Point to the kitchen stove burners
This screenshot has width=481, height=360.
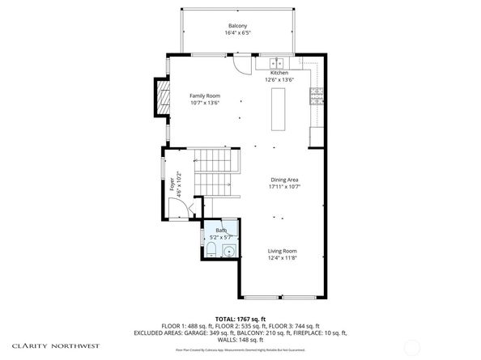[317, 96]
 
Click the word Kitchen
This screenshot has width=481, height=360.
[279, 73]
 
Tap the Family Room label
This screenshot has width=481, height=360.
[205, 95]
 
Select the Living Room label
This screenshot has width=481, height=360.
[283, 251]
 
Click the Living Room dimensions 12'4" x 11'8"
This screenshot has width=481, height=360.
[283, 258]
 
